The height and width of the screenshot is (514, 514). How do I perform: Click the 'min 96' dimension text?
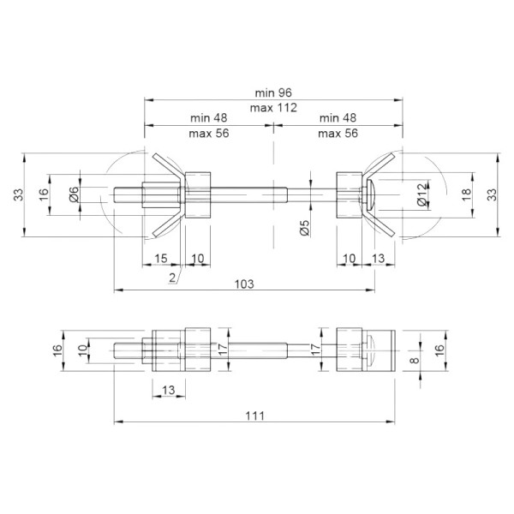273,93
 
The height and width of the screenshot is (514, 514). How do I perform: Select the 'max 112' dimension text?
273,108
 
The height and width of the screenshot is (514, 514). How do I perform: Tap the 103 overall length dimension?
244,284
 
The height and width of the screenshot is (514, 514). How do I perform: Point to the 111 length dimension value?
254,416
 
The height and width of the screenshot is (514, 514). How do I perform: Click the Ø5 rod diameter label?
304,228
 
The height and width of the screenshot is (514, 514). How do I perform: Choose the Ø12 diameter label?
423,194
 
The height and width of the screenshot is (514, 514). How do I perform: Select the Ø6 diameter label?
75,194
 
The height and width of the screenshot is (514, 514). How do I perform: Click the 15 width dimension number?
161,259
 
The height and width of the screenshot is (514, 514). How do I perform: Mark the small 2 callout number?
173,278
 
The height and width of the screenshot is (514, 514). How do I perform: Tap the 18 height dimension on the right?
466,194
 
